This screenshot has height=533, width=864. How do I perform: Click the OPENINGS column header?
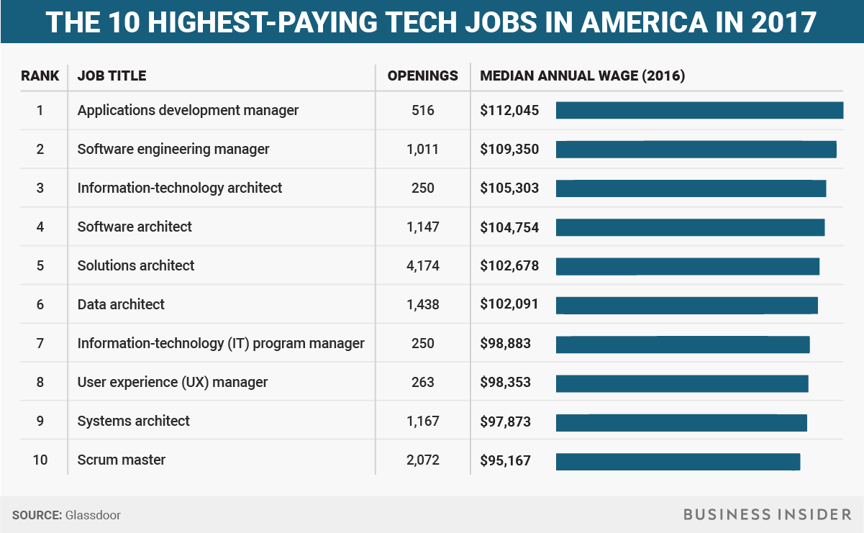click(x=422, y=76)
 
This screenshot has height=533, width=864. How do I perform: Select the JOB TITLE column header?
click(x=112, y=76)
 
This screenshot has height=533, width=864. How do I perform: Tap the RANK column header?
click(x=40, y=76)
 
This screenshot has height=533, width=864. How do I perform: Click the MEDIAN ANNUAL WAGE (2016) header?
click(x=582, y=76)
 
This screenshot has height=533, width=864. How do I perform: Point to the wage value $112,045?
click(x=509, y=110)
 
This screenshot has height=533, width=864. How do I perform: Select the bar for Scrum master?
click(x=678, y=460)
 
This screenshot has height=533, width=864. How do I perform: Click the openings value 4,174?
click(x=422, y=265)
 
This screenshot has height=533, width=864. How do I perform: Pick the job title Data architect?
click(x=121, y=304)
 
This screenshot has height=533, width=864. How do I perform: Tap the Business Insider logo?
click(x=767, y=514)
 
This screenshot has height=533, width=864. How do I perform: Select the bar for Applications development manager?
click(x=699, y=110)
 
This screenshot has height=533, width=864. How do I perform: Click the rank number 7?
click(x=40, y=343)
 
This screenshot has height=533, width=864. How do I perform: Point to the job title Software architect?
click(x=135, y=227)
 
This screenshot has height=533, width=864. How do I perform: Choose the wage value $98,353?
click(x=506, y=382)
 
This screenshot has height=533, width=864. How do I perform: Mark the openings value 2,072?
click(x=422, y=460)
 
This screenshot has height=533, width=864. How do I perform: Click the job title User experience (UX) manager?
click(x=173, y=382)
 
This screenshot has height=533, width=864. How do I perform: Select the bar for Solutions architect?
click(x=687, y=265)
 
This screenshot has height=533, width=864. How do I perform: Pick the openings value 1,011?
click(x=422, y=149)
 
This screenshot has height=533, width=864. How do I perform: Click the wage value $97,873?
click(x=506, y=421)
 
